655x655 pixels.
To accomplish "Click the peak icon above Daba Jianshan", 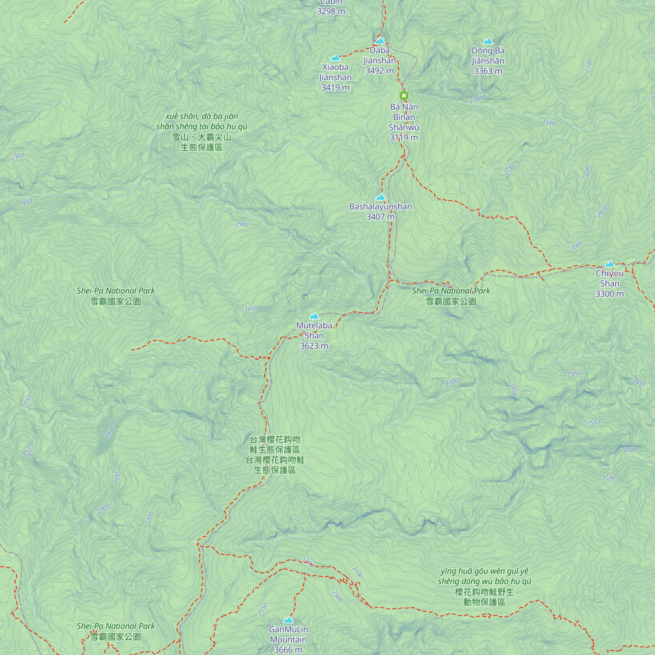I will click(380, 41).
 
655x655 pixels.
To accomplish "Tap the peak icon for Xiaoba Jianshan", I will click(335, 58).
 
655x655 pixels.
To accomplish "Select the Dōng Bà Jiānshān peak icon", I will click(488, 41).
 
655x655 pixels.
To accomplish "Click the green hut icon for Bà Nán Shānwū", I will click(403, 95).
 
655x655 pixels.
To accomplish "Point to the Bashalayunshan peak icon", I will click(380, 197).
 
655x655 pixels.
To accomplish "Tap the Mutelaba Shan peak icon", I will click(314, 316).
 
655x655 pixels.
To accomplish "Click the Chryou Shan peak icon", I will click(609, 264).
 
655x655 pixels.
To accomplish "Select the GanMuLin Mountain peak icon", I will click(288, 620).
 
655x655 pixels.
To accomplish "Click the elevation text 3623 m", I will click(314, 346).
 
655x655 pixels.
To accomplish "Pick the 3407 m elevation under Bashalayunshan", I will click(380, 216).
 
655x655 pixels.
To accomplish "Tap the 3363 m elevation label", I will click(488, 71).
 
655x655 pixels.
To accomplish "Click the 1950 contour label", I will click(26, 202).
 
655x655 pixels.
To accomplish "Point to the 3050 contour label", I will click(251, 309).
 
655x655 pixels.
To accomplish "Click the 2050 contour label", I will click(28, 402).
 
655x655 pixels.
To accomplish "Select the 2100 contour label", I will click(630, 450).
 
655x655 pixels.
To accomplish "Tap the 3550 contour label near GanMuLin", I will click(262, 609).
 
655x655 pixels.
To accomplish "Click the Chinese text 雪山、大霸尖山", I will click(201, 137).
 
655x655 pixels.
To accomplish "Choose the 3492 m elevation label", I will click(379, 71).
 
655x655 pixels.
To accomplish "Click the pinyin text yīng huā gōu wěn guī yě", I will click(484, 571).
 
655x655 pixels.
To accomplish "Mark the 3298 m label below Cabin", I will click(331, 11).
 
